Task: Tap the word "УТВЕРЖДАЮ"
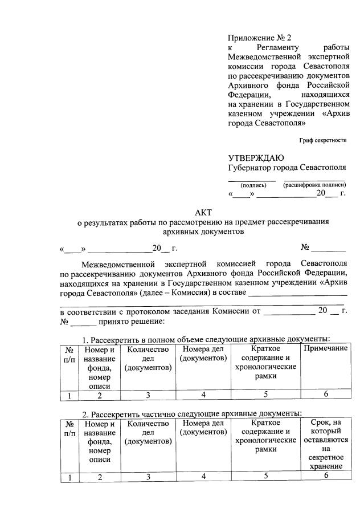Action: click(256, 158)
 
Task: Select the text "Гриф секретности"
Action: click(322, 140)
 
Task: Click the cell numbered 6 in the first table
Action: click(325, 395)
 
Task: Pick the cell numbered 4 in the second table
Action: click(203, 477)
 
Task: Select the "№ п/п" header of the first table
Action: click(68, 354)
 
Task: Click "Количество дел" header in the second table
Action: click(148, 432)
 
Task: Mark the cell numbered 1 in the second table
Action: click(68, 478)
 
